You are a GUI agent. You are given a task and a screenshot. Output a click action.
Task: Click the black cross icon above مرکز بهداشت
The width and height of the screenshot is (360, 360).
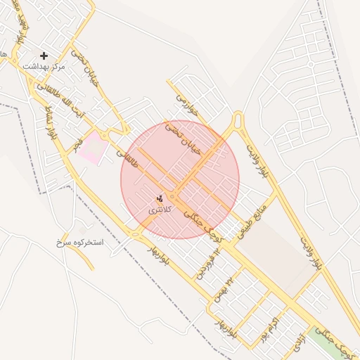click(44, 55)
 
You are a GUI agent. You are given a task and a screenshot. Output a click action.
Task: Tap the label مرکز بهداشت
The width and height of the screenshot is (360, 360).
click(44, 65)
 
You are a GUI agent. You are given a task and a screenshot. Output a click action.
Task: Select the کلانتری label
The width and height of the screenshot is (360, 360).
click(160, 210)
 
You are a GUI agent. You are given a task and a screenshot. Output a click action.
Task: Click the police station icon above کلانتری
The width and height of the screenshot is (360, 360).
click(160, 198)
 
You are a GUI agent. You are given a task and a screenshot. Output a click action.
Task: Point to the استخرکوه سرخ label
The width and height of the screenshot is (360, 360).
click(79, 242)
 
